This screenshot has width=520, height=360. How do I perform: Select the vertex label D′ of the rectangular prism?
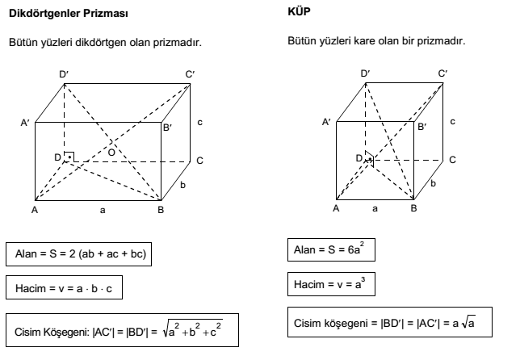(x=64, y=74)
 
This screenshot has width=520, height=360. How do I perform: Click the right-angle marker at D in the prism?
(x=69, y=157)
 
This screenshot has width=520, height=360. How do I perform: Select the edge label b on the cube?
(x=433, y=185)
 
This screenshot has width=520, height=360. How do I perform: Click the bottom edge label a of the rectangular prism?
(x=103, y=210)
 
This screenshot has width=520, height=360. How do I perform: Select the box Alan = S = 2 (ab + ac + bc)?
(x=79, y=253)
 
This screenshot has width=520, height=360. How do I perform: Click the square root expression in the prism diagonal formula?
(x=195, y=330)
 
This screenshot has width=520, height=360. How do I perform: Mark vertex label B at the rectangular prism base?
(x=161, y=210)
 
